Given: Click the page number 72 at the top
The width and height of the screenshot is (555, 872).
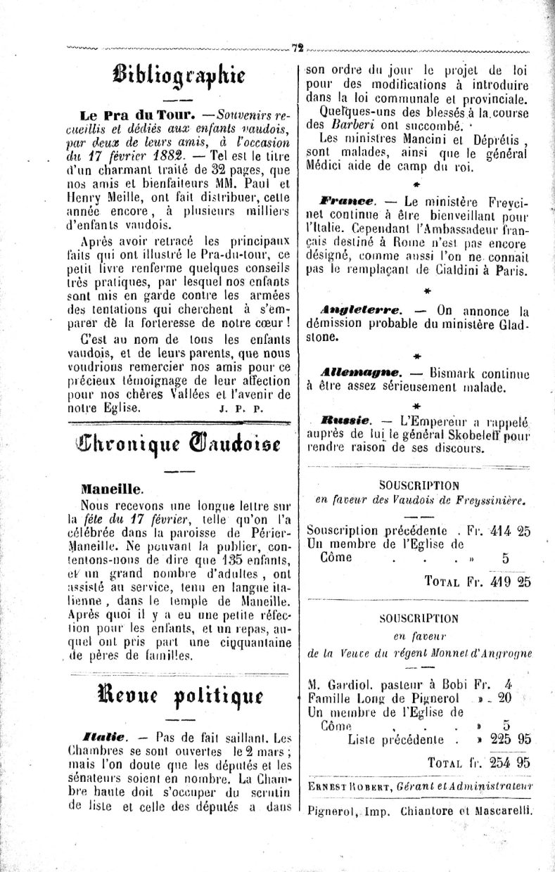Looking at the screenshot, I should click(x=297, y=48).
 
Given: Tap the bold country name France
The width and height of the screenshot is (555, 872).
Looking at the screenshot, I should click(x=346, y=200).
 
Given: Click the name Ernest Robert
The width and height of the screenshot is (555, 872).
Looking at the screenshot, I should click(x=347, y=786).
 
